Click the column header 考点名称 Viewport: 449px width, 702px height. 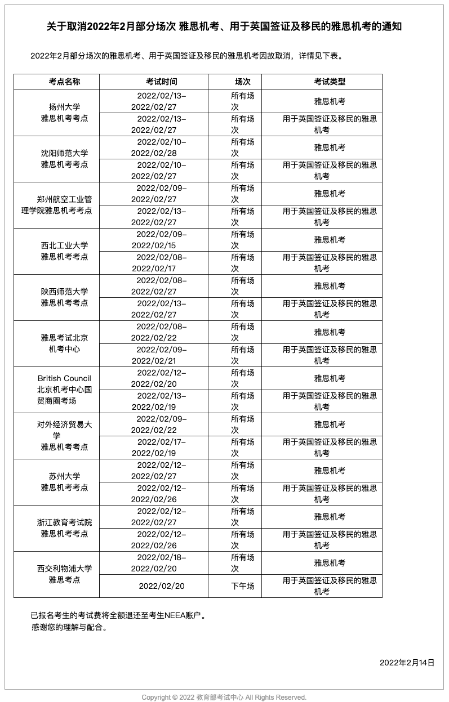[x=64, y=82]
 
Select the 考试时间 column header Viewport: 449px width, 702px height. [x=161, y=82]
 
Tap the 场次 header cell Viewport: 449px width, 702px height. [x=242, y=82]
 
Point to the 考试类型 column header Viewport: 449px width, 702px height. [x=330, y=82]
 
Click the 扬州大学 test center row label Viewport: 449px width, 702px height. [x=64, y=113]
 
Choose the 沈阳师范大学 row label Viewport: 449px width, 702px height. [x=64, y=159]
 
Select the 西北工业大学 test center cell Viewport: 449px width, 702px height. [x=64, y=251]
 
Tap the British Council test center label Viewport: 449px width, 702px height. [x=64, y=390]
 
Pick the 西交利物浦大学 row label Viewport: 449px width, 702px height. [x=64, y=574]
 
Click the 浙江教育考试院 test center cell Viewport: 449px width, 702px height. [x=64, y=528]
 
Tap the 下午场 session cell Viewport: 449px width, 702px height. [x=242, y=586]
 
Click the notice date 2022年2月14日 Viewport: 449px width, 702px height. [x=407, y=663]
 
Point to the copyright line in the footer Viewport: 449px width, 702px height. [x=224, y=697]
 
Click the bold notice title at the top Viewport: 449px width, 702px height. [x=224, y=26]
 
